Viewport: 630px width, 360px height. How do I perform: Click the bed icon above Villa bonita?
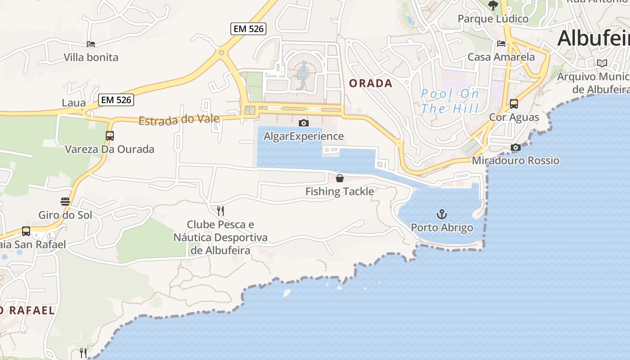coord(91,44)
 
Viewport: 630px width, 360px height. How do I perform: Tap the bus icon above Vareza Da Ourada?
coord(109,135)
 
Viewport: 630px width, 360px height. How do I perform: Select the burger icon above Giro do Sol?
coord(65,201)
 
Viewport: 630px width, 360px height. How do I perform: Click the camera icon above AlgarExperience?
coord(304,123)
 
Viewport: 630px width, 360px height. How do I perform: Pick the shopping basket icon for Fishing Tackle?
coord(340,178)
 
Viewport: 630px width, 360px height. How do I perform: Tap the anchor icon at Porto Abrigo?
coord(442,214)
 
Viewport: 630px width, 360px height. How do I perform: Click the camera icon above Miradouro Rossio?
coord(516,147)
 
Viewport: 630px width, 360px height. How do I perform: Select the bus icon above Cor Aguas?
coord(514,104)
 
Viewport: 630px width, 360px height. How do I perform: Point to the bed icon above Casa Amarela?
coord(501,44)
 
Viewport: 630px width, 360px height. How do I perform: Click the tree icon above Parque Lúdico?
coord(493,5)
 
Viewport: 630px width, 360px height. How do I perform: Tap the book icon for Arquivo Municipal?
coord(602,63)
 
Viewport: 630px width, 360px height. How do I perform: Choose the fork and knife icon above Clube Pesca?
coord(220,211)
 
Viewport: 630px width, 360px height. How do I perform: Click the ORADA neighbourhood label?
coord(371,83)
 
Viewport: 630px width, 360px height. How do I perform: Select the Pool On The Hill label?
coord(450,101)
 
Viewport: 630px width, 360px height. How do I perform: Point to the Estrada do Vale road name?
coord(179,120)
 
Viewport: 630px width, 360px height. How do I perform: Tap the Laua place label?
coord(74,103)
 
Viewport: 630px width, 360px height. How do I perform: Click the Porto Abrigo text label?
coord(442,228)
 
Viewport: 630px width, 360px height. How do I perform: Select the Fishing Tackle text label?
coord(340,192)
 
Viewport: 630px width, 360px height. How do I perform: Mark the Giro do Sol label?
coord(65,215)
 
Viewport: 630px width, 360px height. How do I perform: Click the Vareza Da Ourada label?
coord(109,149)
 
